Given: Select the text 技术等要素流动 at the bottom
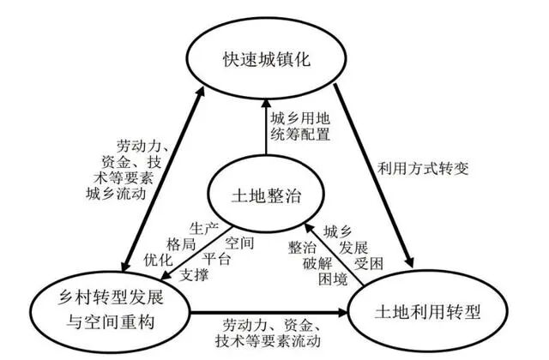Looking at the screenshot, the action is click(x=275, y=340).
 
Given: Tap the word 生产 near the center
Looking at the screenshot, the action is click(x=203, y=226).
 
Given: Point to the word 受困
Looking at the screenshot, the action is click(x=370, y=262).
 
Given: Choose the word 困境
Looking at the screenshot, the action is click(x=329, y=279).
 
